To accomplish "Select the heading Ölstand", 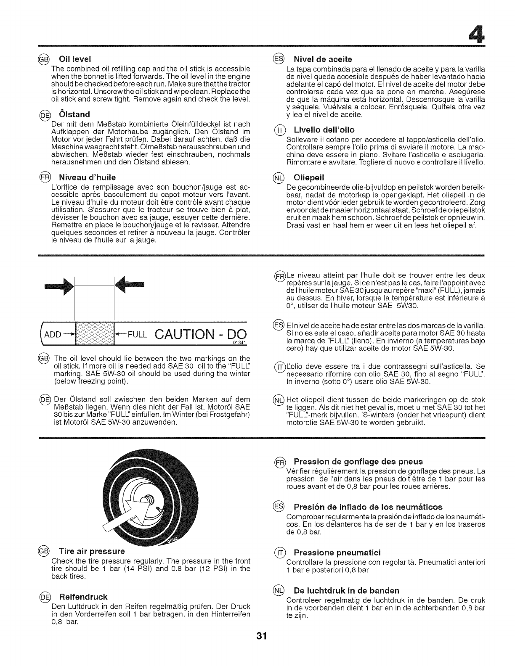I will tap(76, 114).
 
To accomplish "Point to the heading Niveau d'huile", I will tap(87, 177).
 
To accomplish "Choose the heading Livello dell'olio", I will tap(324, 129).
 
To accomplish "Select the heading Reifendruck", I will tap(83, 597).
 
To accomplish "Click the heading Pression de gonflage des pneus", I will tap(358, 462).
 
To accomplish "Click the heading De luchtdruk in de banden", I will tap(346, 590).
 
